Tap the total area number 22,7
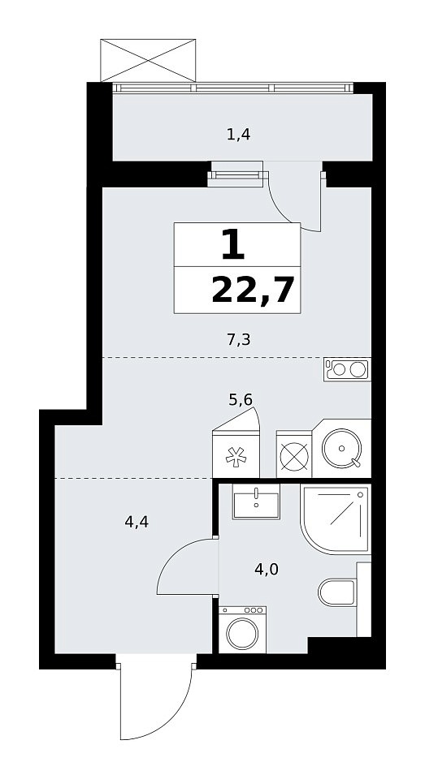[x=251, y=291]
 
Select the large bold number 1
[x=233, y=245]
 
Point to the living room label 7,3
[x=238, y=340]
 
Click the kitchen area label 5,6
[x=241, y=399]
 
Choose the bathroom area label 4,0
[x=267, y=570]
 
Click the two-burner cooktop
[x=347, y=370]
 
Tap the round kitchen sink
[x=341, y=449]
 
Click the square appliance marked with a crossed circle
[x=293, y=454]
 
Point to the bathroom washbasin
[x=256, y=501]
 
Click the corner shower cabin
[x=336, y=519]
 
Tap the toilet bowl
[x=337, y=592]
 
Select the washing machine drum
[x=242, y=634]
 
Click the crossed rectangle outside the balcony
[x=148, y=60]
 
